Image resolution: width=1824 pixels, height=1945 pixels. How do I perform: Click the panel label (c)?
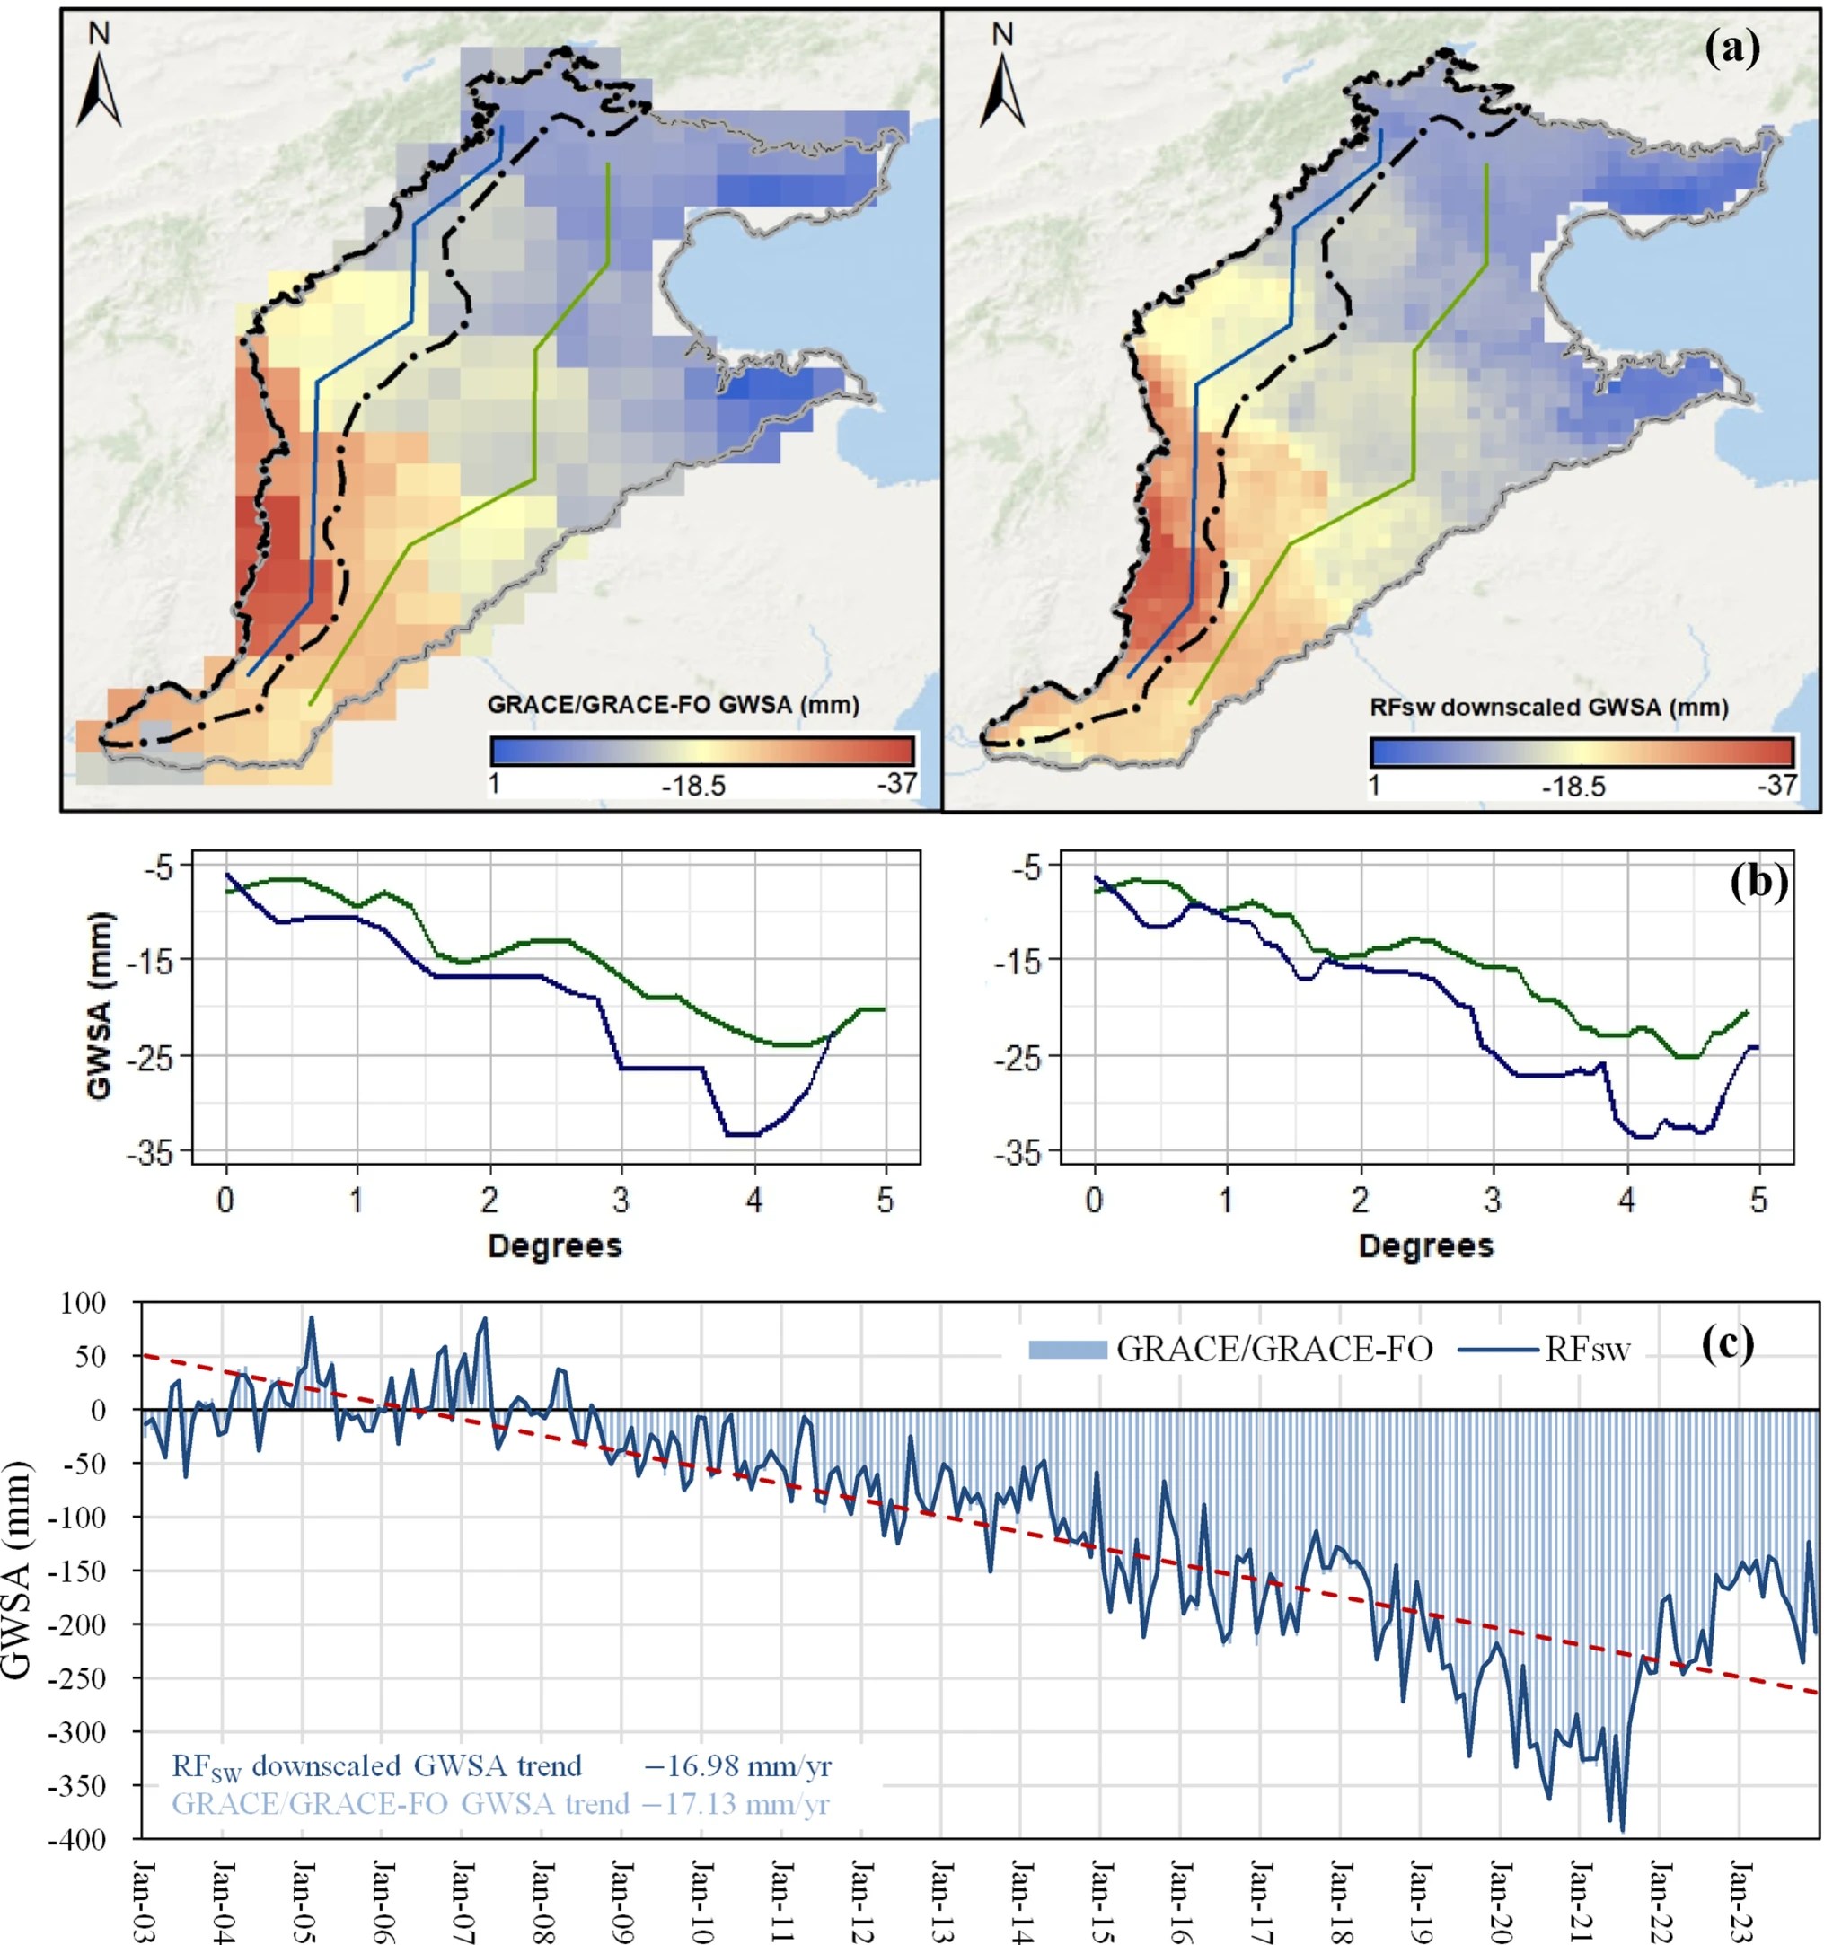point(1727,1343)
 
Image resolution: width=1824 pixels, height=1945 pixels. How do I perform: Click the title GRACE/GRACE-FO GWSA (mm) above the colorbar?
point(674,704)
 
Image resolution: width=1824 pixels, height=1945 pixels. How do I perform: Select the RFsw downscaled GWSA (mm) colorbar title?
point(1549,708)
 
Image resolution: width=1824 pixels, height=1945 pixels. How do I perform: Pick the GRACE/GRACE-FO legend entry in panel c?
point(1230,1351)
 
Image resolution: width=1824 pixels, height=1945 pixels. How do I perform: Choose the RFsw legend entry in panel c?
point(1546,1351)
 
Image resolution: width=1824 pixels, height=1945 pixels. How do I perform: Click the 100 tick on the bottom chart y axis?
point(83,1303)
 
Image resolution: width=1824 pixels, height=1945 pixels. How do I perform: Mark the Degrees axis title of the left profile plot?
point(555,1245)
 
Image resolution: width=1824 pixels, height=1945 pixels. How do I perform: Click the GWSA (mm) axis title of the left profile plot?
point(100,1006)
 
